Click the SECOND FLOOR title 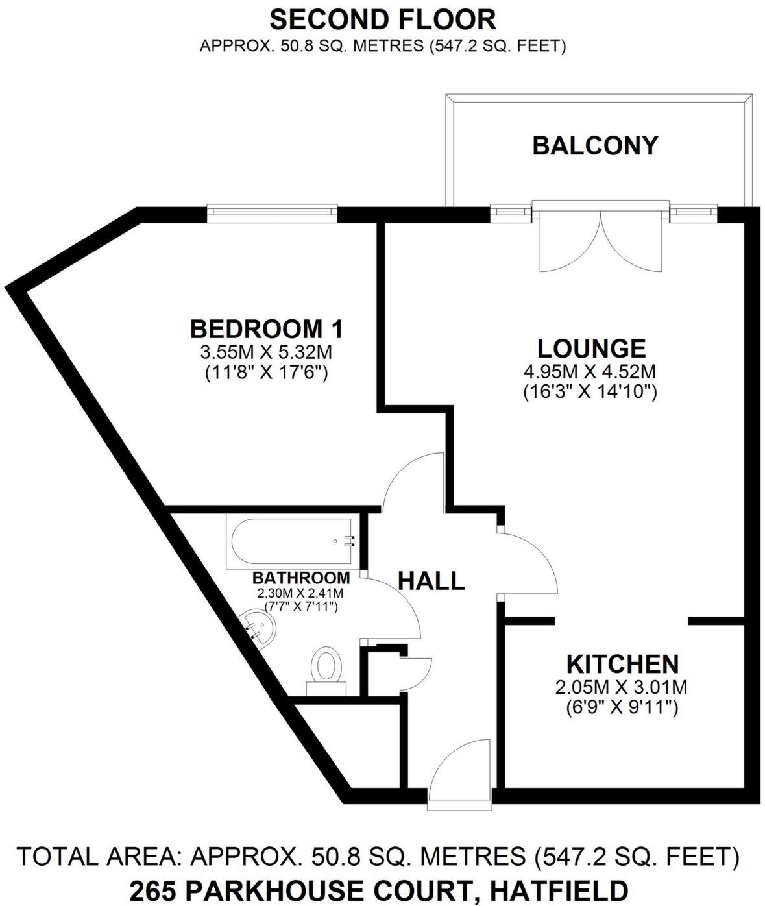pos(382,19)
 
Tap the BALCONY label pos(595,145)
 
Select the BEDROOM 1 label pos(266,329)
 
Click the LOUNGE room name pos(591,349)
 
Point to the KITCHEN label pos(622,664)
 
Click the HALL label pos(431,581)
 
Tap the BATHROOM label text pos(300,578)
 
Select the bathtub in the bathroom pos(290,541)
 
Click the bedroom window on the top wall pos(272,212)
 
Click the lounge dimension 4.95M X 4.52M pos(590,373)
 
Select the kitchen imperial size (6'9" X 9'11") pos(622,707)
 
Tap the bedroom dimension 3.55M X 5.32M pos(266,353)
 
